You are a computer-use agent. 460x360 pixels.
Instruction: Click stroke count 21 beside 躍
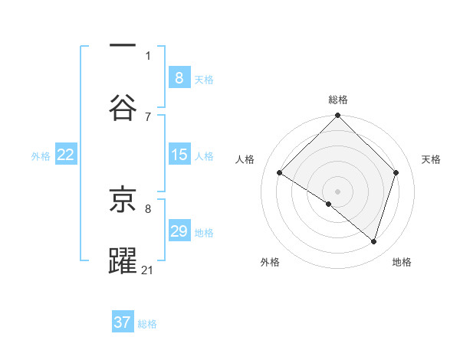148,270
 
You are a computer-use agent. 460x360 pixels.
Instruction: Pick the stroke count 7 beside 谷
148,116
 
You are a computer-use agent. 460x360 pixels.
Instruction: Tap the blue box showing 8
179,78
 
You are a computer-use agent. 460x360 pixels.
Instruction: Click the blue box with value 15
179,155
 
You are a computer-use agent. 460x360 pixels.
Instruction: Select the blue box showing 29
179,231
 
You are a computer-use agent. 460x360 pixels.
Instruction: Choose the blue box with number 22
66,155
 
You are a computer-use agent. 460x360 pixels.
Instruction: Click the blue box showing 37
123,322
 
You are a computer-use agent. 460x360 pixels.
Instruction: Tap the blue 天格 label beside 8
204,79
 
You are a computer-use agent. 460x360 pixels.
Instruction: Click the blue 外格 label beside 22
41,155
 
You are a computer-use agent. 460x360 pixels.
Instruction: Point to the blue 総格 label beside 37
147,323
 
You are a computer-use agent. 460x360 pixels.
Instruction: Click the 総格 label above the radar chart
338,100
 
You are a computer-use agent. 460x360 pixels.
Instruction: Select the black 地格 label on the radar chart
402,262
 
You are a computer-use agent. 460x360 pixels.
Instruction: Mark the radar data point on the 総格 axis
338,116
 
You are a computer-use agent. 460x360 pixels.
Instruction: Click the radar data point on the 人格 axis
280,173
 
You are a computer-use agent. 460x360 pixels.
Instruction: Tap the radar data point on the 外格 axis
329,204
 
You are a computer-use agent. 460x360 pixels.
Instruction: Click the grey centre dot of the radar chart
338,191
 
